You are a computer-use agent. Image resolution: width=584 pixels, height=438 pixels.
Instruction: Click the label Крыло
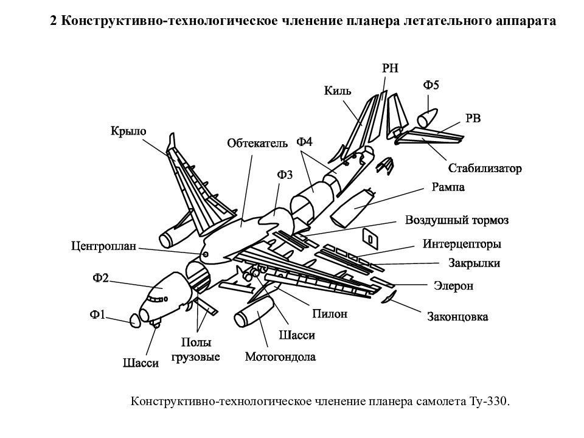tap(128, 131)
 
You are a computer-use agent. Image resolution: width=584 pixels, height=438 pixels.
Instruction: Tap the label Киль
tap(338, 91)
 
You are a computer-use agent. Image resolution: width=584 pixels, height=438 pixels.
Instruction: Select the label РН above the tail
tap(390, 68)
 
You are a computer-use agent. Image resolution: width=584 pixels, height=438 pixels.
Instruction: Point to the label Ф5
tap(431, 85)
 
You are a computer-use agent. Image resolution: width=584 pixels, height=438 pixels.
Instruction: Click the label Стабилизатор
tap(485, 169)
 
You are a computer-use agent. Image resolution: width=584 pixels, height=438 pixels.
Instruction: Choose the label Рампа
tap(448, 187)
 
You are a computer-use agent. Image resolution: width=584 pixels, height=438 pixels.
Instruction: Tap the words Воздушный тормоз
tap(457, 220)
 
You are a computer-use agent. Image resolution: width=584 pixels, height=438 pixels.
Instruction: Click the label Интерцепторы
tap(462, 244)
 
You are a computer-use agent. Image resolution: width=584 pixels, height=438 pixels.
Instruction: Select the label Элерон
tap(453, 286)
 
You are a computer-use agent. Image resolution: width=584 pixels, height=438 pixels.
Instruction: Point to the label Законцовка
tap(457, 317)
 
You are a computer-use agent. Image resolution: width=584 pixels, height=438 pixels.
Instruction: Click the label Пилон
tap(330, 314)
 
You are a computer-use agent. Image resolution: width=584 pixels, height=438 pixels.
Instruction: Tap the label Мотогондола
tap(280, 357)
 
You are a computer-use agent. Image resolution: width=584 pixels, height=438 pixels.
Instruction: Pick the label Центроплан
tap(103, 246)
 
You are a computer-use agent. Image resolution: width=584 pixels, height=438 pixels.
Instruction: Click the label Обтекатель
tap(257, 144)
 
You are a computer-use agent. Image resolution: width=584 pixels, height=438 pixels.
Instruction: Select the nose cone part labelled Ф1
tap(135, 321)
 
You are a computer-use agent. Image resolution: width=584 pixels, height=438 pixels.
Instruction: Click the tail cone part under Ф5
tap(427, 118)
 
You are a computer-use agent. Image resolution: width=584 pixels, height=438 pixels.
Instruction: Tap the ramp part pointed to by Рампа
tap(353, 207)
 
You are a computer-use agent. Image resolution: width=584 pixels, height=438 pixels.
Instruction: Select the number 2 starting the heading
tap(54, 21)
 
